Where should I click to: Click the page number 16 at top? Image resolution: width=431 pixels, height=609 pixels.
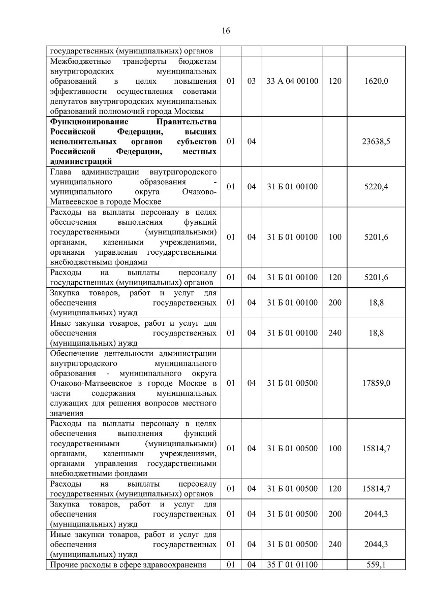pos(226,30)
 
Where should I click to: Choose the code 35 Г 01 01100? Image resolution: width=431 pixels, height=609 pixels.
pos(292,565)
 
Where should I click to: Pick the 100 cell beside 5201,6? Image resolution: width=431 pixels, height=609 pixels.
pos(335,237)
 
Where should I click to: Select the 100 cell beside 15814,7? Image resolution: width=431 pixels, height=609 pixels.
pos(335,449)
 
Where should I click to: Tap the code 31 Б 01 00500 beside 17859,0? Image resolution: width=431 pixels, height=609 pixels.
pos(292,383)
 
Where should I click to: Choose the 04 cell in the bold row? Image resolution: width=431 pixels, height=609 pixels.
pos(251,142)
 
